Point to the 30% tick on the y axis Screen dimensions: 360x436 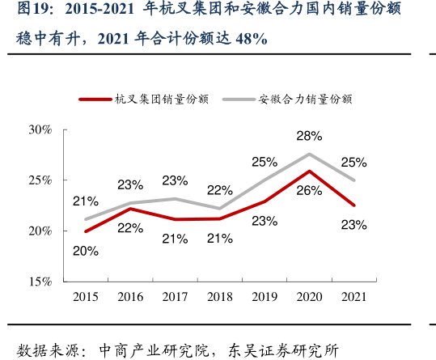coord(40,129)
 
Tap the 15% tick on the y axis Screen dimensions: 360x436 coord(40,282)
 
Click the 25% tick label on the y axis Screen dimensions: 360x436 coord(40,180)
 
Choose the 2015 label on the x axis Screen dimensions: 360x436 coord(85,297)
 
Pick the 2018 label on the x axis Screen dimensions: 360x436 coord(220,297)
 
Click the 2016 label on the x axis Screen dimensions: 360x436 coord(130,297)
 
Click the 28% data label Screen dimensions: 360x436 coord(308,136)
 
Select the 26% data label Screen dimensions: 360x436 coord(308,191)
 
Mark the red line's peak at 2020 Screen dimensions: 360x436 coord(309,171)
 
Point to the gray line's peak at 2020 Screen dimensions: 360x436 coord(309,154)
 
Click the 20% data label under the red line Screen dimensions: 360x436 coord(85,251)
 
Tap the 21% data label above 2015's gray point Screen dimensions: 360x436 coord(85,201)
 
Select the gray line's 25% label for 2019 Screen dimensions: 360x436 coord(265,162)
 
